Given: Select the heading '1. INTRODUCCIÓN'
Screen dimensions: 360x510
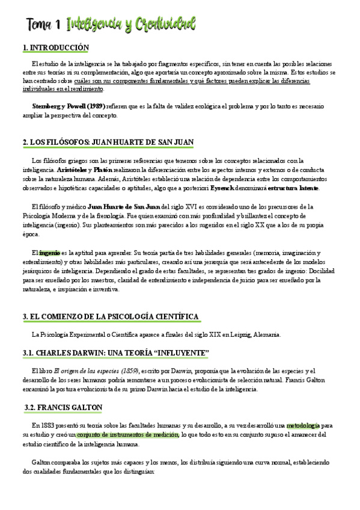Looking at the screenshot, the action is click(x=55, y=48).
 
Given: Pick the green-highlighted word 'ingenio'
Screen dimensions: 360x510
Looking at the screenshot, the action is click(x=51, y=253).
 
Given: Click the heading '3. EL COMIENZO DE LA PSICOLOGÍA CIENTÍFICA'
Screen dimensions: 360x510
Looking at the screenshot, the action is click(x=111, y=317).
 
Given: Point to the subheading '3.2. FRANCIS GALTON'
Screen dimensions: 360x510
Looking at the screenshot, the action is click(x=64, y=407).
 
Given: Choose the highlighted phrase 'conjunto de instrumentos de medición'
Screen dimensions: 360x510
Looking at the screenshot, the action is click(x=126, y=435).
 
